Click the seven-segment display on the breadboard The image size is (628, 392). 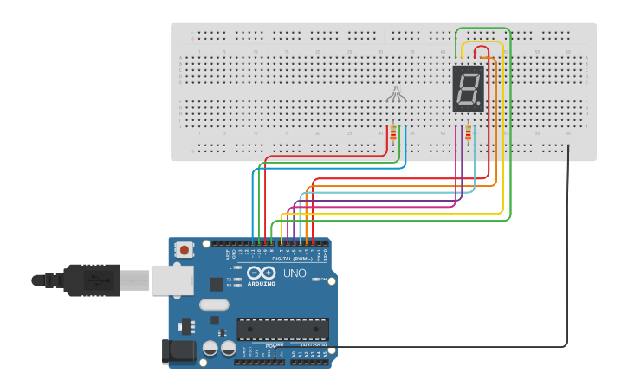(x=468, y=88)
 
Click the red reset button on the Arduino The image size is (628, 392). (x=185, y=249)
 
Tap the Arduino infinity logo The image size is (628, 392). (x=261, y=273)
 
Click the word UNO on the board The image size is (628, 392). (x=295, y=273)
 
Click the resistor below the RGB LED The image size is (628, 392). (x=393, y=132)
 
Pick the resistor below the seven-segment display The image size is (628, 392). (x=469, y=132)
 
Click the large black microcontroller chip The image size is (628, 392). (x=282, y=330)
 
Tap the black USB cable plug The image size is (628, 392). (x=91, y=280)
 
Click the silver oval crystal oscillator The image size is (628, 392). (x=214, y=305)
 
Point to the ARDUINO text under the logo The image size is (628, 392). (x=261, y=284)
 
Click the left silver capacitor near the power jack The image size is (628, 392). (x=210, y=348)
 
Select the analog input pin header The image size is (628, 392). (x=310, y=361)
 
